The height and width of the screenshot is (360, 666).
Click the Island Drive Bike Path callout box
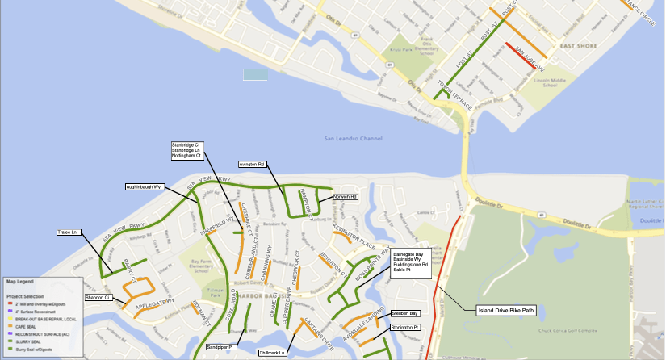(506, 310)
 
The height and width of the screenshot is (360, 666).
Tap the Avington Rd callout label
(252, 164)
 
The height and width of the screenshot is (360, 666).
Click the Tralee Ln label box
(68, 232)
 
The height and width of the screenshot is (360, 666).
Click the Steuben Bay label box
(404, 313)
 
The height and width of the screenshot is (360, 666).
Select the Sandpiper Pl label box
(219, 347)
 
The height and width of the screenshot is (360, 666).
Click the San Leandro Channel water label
(352, 139)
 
